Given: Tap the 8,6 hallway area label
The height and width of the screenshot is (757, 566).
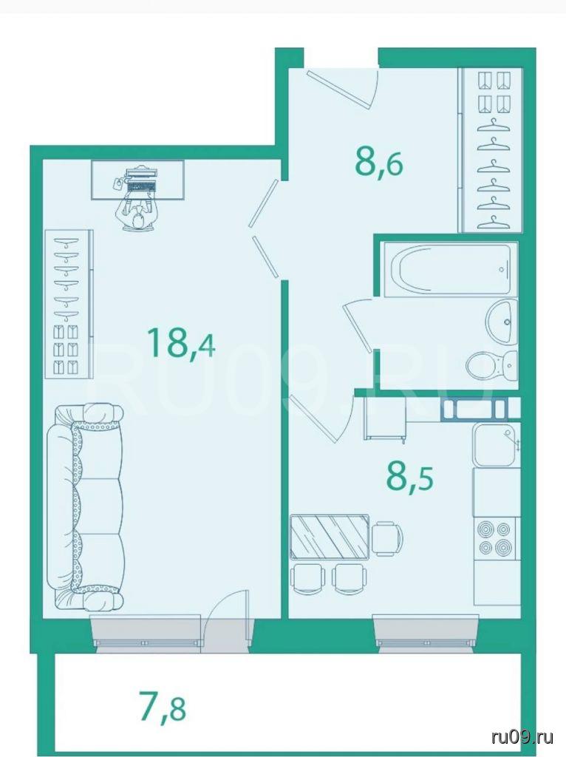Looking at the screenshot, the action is [x=379, y=163].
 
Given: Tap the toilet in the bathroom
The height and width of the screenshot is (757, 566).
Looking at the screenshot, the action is [x=491, y=365].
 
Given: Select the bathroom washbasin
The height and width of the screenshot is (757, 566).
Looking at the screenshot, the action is [x=502, y=321].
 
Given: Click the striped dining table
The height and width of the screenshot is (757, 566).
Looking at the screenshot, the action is [x=330, y=536].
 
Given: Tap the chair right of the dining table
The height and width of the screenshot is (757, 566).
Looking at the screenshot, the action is [x=387, y=538].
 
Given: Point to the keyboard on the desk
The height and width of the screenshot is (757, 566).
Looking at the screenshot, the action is [x=140, y=186].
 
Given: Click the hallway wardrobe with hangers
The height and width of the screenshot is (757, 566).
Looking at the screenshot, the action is [x=492, y=150].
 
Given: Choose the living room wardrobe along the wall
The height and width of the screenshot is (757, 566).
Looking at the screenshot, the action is [x=68, y=304].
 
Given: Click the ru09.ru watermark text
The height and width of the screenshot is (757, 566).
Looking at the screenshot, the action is [x=522, y=737].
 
